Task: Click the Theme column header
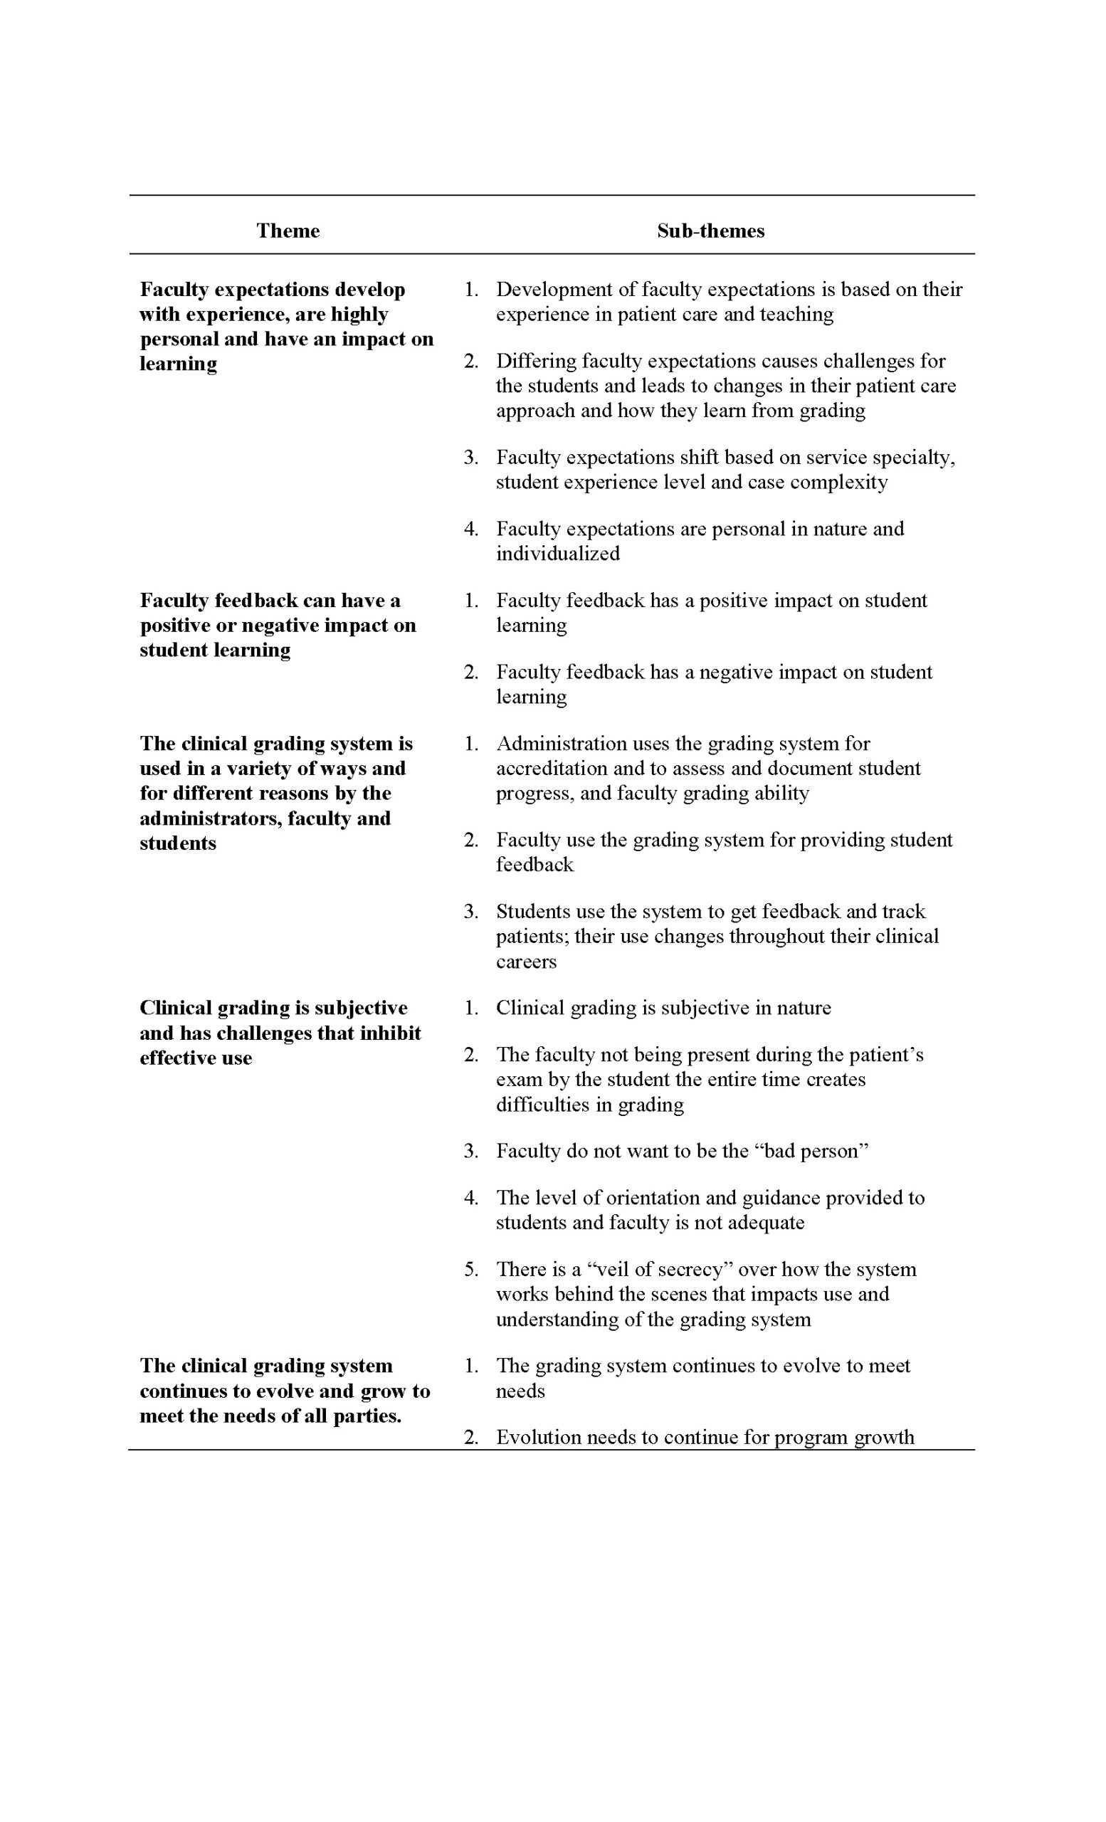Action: [x=288, y=231]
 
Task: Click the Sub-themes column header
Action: [x=710, y=231]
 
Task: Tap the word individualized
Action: [x=557, y=554]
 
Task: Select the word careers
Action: [x=526, y=962]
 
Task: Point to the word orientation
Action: [x=669, y=1198]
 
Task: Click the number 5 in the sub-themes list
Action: [x=470, y=1270]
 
